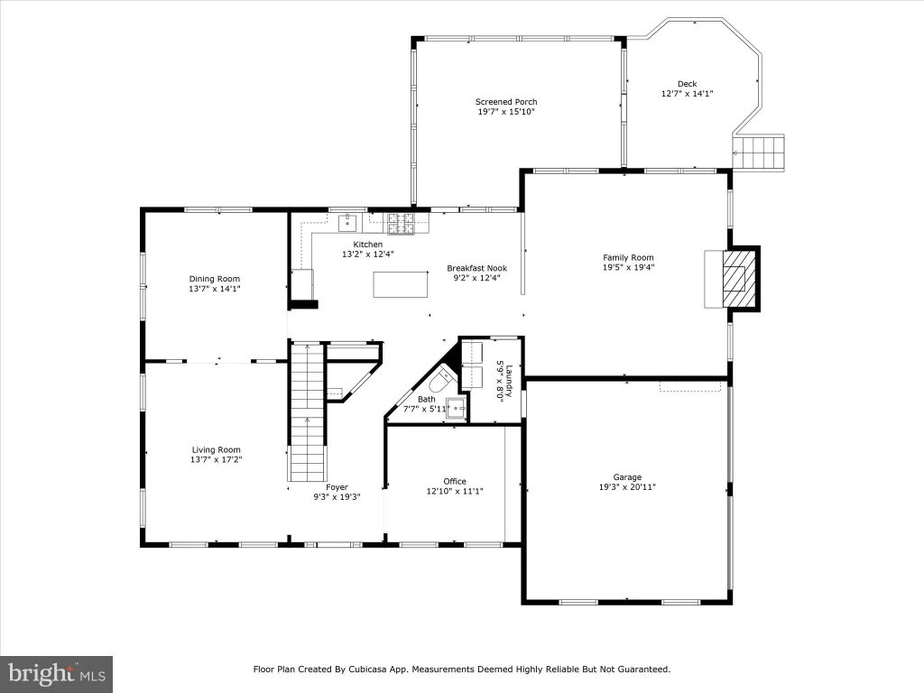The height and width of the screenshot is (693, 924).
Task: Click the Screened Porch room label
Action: tap(506, 102)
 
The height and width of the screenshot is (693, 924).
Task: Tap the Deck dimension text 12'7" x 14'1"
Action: tap(687, 93)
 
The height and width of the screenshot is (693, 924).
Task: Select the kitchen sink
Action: tap(347, 224)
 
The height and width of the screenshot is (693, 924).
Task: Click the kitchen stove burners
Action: tap(401, 224)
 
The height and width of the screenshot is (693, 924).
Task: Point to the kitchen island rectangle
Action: tap(401, 284)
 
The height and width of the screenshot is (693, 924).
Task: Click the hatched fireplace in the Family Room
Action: tap(739, 279)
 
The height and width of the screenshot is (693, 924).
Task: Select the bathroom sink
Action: tap(457, 408)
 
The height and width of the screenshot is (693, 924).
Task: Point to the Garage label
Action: tap(627, 477)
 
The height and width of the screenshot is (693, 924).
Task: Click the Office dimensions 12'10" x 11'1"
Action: tap(455, 491)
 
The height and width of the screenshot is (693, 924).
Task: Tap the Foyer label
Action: tap(337, 487)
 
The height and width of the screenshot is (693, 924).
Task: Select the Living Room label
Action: tap(217, 449)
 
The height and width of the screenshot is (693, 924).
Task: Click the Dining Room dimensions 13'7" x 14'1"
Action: tap(215, 289)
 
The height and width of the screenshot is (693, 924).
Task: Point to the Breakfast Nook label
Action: tap(476, 268)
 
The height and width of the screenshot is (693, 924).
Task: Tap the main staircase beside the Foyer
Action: tap(307, 411)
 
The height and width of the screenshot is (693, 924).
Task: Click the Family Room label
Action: tap(628, 257)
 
